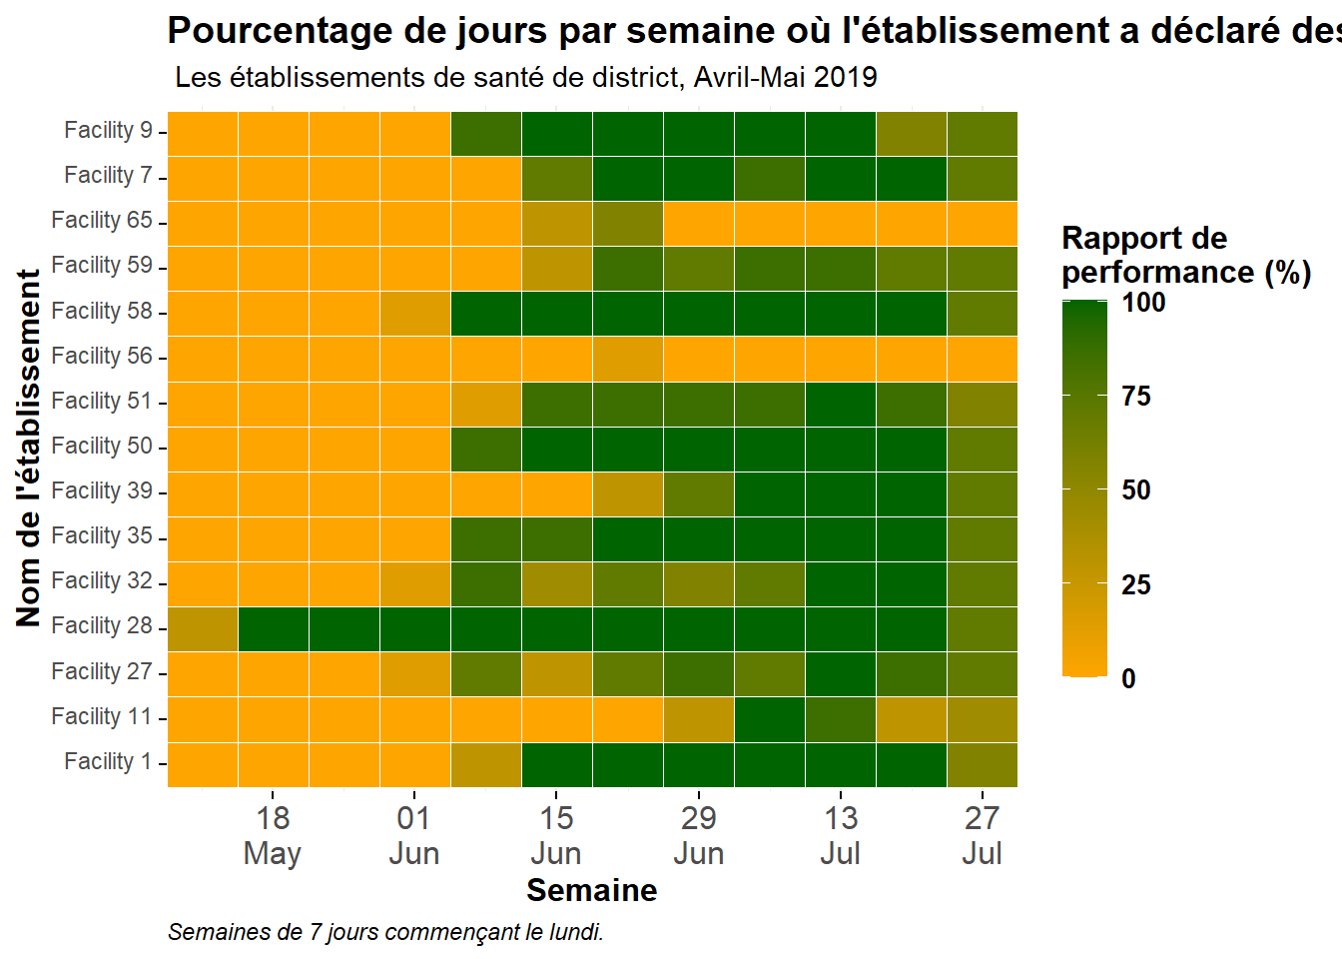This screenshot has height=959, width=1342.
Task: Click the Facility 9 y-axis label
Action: coord(109,130)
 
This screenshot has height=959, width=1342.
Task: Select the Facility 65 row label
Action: coord(102,220)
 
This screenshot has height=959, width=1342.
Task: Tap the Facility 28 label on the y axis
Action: coord(102,625)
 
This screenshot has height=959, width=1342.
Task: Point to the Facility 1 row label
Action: coord(109,761)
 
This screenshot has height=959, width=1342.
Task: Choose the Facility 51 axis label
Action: coord(102,401)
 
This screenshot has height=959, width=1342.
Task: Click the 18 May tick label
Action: coord(273,835)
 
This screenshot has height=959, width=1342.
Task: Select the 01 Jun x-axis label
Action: coord(414,835)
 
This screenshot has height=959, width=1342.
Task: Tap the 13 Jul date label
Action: coord(841,835)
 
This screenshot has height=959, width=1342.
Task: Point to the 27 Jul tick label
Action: coord(983,835)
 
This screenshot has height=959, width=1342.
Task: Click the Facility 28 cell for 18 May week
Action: coord(274,629)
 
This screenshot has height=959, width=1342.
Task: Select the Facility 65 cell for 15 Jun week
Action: coord(557,224)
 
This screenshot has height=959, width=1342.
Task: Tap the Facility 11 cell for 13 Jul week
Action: coord(841,719)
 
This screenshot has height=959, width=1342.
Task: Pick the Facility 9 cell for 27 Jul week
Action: coord(983,134)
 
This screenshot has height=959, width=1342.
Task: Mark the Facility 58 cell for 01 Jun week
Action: coord(415,314)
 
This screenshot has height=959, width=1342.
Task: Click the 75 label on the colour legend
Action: coord(1136,397)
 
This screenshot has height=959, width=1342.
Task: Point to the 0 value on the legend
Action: coord(1128,679)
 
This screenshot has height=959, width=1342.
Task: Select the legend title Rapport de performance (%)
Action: coord(1186,256)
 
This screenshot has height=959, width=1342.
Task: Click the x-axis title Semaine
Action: coord(592,891)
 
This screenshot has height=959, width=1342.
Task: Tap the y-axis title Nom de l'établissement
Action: coord(28,449)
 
